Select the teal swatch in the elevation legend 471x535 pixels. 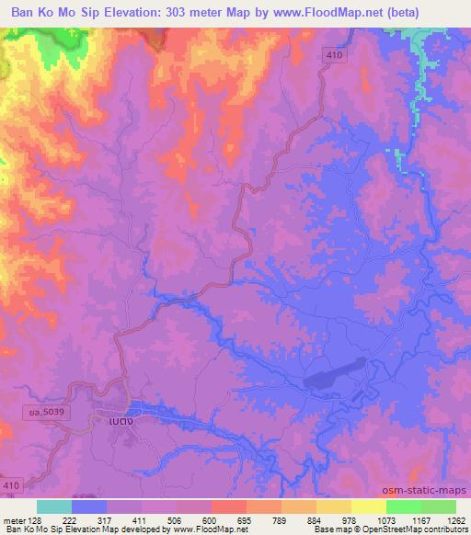54,507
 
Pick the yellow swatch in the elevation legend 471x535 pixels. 368,507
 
